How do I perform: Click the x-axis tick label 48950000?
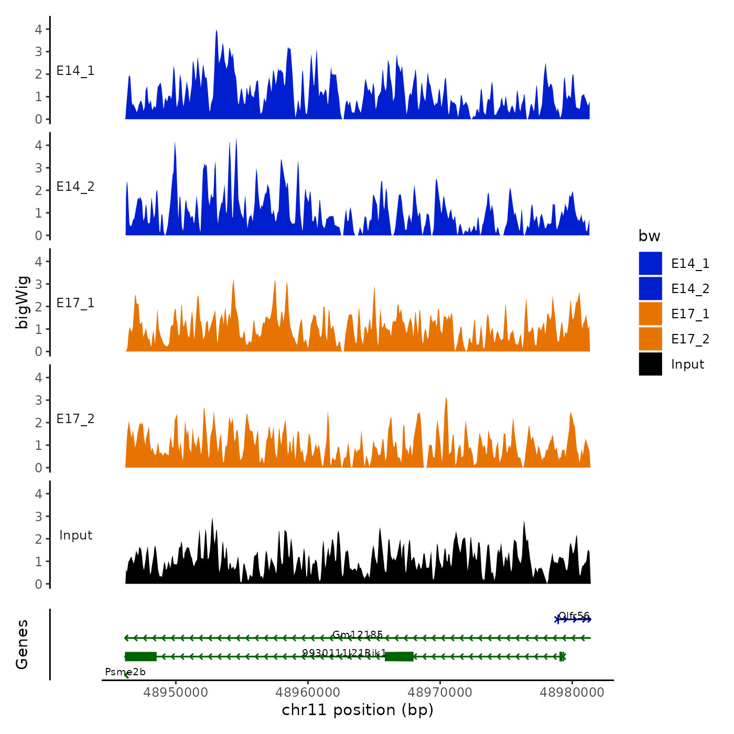tap(176, 692)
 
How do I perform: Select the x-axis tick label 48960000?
tap(308, 692)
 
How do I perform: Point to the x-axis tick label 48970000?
tap(440, 692)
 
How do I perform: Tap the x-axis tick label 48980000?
tap(572, 692)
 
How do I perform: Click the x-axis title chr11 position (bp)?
tap(358, 710)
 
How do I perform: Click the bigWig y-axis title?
tap(22, 302)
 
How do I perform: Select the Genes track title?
tap(22, 644)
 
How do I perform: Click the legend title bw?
tap(649, 236)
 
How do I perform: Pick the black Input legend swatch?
tap(650, 364)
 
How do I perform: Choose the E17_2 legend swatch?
tap(650, 339)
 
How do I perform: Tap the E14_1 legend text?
tap(690, 264)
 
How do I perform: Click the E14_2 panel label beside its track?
tap(75, 187)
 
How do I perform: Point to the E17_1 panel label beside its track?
tap(75, 303)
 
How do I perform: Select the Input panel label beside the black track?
tap(75, 535)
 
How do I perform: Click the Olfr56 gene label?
tap(574, 616)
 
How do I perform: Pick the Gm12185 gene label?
tap(358, 635)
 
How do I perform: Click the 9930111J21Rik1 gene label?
tap(344, 653)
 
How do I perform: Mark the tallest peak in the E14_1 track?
tap(216, 31)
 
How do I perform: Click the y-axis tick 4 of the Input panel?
tap(38, 494)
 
